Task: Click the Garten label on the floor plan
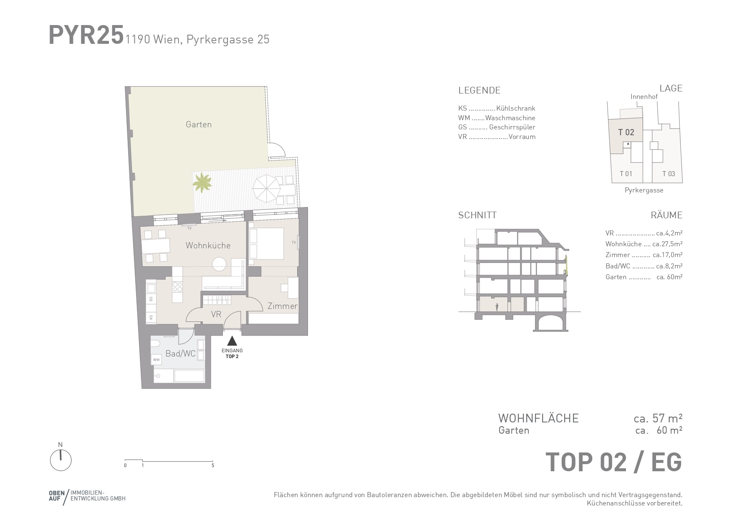(x=199, y=124)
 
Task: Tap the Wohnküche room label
(x=208, y=245)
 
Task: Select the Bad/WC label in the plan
(x=180, y=354)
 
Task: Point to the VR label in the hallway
(x=216, y=314)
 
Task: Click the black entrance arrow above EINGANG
(x=232, y=341)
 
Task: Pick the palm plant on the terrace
(x=202, y=182)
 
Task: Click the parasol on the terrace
(x=266, y=188)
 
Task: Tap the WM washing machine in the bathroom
(x=156, y=359)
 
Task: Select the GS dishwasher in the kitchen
(x=151, y=298)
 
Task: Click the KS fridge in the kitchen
(x=151, y=317)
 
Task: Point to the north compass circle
(x=61, y=460)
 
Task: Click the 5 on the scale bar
(x=213, y=465)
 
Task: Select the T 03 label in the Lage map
(x=669, y=174)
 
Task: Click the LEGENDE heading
(x=479, y=90)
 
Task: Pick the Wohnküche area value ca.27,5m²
(x=667, y=244)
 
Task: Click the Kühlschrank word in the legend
(x=515, y=108)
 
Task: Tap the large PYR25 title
(x=86, y=35)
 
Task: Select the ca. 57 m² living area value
(x=658, y=418)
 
